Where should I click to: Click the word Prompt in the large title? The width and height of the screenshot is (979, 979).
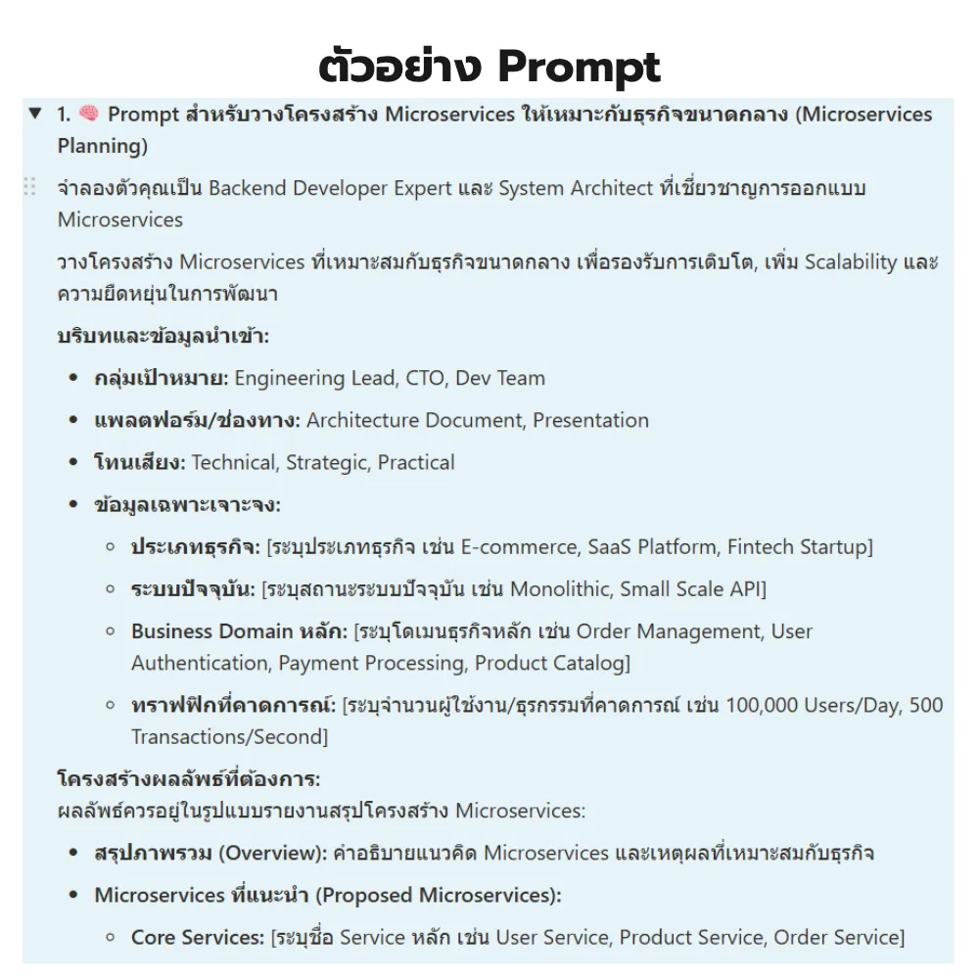(x=579, y=67)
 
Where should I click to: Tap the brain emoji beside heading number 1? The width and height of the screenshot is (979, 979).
(x=89, y=115)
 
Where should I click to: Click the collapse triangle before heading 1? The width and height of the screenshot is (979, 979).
(x=35, y=115)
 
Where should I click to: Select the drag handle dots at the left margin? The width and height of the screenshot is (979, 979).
(x=29, y=187)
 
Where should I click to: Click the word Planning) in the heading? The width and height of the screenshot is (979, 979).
(x=103, y=147)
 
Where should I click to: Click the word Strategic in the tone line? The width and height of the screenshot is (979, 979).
(x=326, y=462)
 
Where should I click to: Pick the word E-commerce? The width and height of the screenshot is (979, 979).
(x=519, y=546)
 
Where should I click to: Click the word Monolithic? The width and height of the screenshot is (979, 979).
(x=566, y=588)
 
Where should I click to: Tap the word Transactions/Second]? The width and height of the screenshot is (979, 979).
(x=230, y=736)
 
